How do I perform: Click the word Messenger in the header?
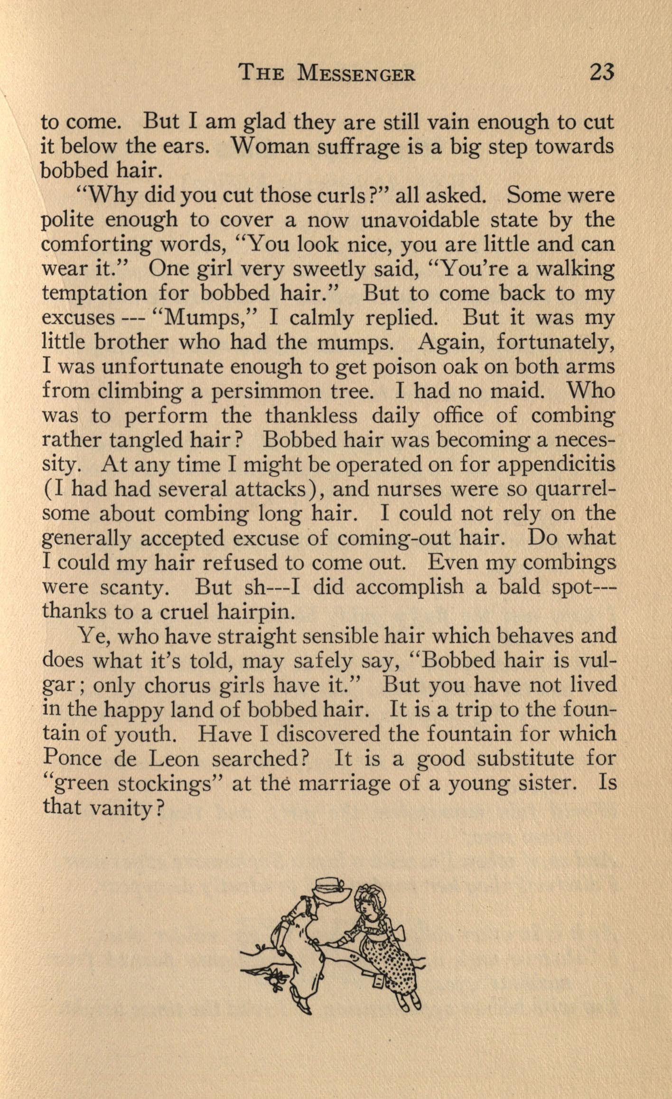point(356,74)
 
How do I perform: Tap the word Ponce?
point(72,758)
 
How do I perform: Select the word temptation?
point(94,293)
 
